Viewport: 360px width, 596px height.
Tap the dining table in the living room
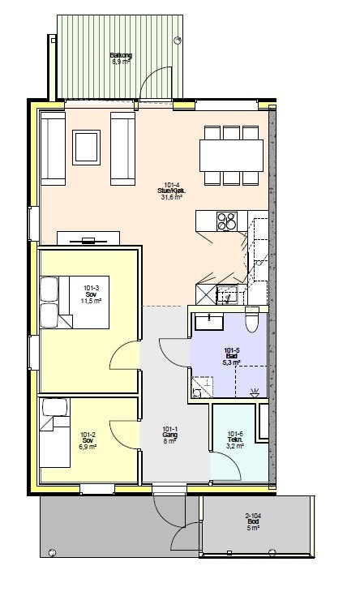[x=231, y=153]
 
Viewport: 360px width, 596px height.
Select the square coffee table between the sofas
[x=87, y=147]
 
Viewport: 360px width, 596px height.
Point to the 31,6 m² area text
[x=170, y=196]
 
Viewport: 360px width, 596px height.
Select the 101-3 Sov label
[x=91, y=292]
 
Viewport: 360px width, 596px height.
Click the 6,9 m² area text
[x=88, y=447]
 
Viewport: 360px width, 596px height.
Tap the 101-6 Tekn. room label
[x=235, y=439]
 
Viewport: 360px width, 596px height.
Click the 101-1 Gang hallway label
[x=169, y=435]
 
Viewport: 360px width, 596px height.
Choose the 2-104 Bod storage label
[x=253, y=521]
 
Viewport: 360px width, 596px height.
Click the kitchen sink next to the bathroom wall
[x=227, y=294]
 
